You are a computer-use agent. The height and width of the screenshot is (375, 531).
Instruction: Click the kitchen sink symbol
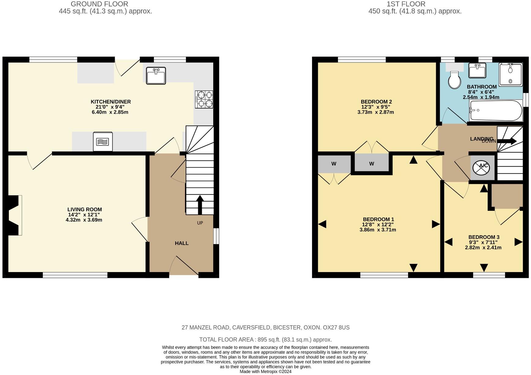click(156, 75)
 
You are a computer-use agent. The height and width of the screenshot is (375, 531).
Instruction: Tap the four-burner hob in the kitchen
click(204, 99)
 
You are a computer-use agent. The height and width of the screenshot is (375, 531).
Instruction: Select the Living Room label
click(84, 210)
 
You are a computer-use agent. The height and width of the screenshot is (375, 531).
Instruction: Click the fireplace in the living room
click(13, 215)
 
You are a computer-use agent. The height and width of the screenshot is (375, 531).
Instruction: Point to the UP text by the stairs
click(200, 223)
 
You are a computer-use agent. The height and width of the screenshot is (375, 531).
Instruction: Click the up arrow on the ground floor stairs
click(200, 204)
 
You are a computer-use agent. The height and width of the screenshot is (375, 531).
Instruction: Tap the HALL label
click(182, 243)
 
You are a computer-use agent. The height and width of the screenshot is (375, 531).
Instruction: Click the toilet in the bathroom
click(455, 80)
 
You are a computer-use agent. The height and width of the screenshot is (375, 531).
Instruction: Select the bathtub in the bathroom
click(495, 111)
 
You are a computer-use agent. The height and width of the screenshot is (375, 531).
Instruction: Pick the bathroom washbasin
click(477, 70)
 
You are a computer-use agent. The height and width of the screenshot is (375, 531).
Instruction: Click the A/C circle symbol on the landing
click(481, 167)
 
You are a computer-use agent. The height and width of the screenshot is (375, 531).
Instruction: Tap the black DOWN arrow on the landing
click(507, 141)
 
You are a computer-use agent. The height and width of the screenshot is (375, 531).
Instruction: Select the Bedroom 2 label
click(376, 102)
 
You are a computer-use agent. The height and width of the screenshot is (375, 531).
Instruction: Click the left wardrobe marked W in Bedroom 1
click(334, 164)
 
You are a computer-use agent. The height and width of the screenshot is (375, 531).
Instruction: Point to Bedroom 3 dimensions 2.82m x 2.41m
click(483, 248)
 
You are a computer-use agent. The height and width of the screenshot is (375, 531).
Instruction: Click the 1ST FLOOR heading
click(406, 4)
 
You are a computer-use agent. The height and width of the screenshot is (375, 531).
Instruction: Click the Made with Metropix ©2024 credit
click(265, 372)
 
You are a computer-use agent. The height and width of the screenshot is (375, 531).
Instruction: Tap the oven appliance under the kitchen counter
click(102, 142)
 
